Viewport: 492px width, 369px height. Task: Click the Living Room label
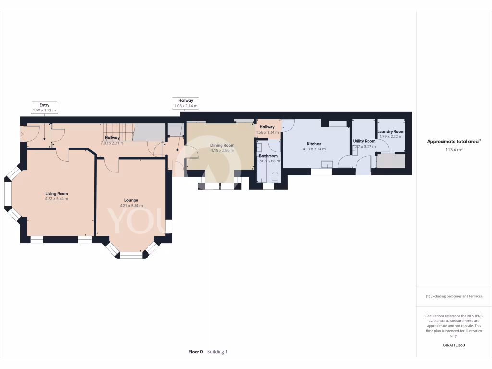56,193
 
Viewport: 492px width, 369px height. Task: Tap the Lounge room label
131,200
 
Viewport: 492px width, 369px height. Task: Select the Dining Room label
222,145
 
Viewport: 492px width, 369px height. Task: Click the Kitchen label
314,144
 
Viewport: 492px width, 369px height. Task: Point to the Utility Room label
364,141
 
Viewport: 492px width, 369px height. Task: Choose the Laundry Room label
391,131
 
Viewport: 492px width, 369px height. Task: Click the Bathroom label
268,156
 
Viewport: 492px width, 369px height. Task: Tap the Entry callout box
44,107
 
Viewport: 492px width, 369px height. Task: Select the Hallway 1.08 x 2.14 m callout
185,103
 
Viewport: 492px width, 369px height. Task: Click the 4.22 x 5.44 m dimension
56,199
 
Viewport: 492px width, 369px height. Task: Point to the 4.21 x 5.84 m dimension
131,206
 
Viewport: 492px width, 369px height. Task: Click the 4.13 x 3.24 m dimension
314,149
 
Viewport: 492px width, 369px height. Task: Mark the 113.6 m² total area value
454,150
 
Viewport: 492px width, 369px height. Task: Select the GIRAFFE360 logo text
454,345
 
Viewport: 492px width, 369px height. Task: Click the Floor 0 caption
196,352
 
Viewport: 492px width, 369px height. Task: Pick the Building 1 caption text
217,352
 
